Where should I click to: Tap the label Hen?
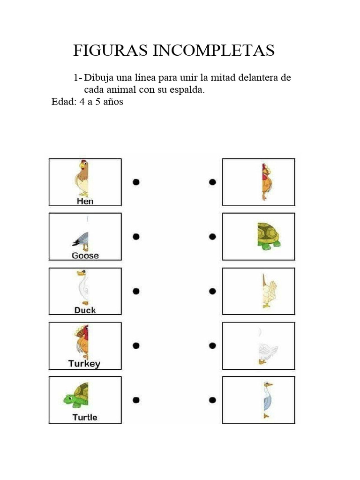point(85,201)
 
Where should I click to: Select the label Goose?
point(85,255)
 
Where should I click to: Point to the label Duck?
point(85,310)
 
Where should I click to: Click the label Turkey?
point(84,364)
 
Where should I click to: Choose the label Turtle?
point(85,417)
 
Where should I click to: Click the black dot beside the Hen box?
point(136,182)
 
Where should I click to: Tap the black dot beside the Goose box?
point(136,237)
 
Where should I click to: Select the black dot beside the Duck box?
point(136,291)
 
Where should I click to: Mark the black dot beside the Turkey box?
point(136,346)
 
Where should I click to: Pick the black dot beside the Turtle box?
point(136,400)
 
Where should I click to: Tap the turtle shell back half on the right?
point(268,234)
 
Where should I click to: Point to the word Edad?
point(63,102)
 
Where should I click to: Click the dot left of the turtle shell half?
point(212,237)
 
